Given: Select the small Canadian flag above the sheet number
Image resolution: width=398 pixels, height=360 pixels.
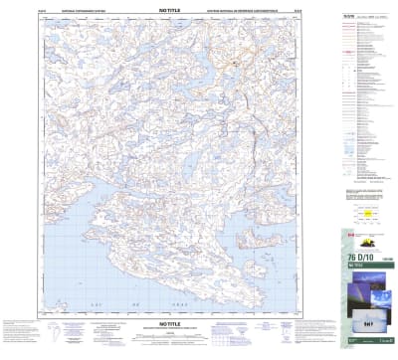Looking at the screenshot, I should [350, 232].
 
